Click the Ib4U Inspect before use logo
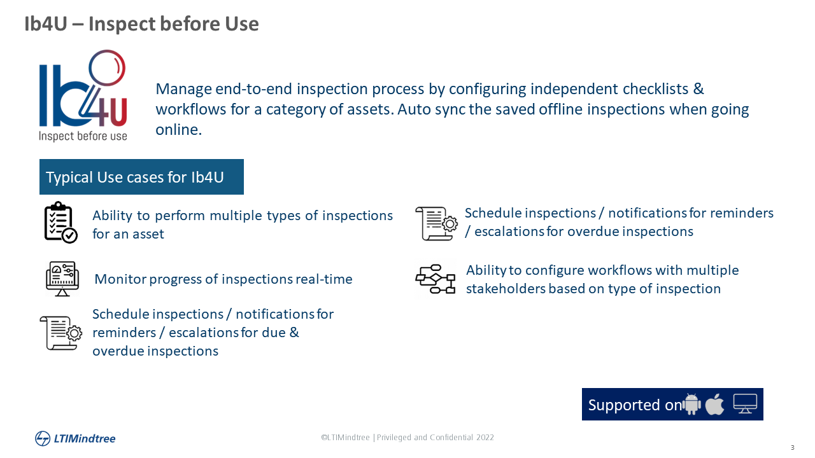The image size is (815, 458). point(83,95)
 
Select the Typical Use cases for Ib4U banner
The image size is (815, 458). point(141,177)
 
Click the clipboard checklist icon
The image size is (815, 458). point(60,222)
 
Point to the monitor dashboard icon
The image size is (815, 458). point(62,279)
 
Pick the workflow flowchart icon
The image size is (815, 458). point(435,279)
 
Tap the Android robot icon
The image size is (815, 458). point(691,404)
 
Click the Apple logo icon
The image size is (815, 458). point(714,403)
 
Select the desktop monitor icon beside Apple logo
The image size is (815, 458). point(745,403)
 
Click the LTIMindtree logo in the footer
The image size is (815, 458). point(75,438)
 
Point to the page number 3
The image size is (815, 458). point(793,447)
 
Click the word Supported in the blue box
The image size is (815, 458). point(624,405)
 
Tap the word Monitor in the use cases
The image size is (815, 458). point(120,279)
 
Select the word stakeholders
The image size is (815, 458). point(506,288)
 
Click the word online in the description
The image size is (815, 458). point(179,129)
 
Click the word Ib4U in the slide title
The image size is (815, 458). point(46,24)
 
